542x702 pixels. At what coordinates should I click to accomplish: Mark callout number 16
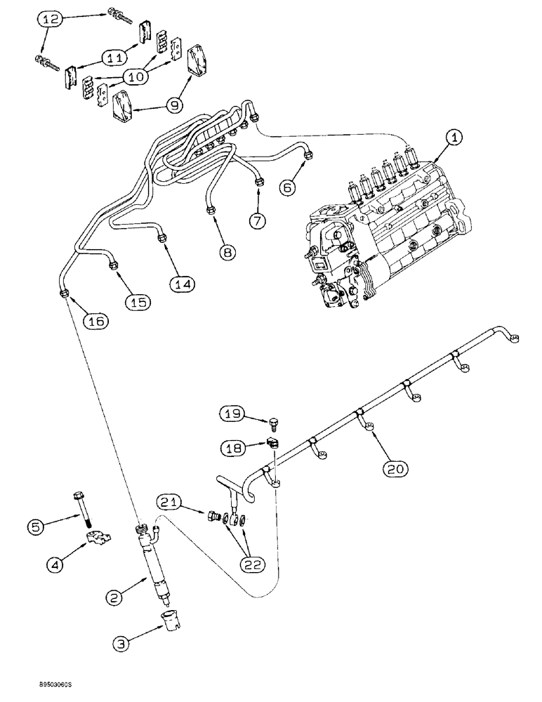pyautogui.click(x=96, y=321)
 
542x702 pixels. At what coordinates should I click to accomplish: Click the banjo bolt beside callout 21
pyautogui.click(x=213, y=518)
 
